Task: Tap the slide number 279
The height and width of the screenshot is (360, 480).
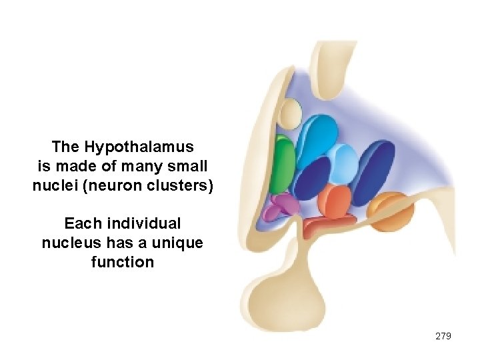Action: (x=443, y=336)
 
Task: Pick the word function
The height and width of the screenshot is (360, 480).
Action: (x=122, y=262)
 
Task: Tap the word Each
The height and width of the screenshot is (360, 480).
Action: (x=80, y=223)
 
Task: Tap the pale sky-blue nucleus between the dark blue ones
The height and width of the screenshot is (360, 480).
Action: (x=343, y=163)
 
